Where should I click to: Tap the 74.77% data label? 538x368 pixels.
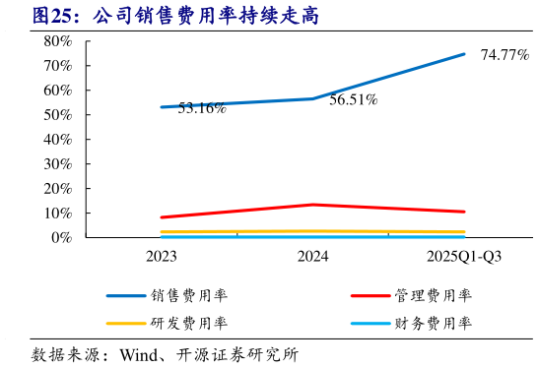(x=504, y=55)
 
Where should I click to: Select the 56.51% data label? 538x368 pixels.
(x=354, y=99)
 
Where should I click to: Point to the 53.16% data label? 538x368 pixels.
(x=202, y=108)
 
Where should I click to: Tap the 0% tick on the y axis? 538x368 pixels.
(x=61, y=237)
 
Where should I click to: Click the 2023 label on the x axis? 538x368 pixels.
(x=161, y=258)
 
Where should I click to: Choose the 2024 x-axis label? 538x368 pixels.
(x=312, y=258)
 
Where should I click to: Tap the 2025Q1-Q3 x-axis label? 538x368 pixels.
(x=464, y=258)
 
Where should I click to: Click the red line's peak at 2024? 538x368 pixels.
(x=312, y=205)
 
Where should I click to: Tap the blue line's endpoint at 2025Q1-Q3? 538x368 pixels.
(x=464, y=54)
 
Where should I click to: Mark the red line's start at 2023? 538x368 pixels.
(x=162, y=217)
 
